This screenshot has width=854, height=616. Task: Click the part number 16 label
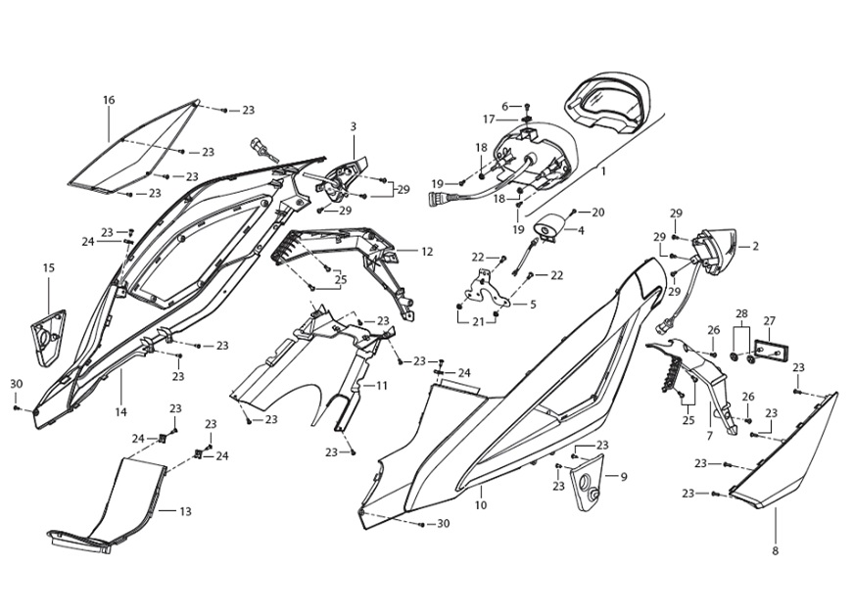point(109,100)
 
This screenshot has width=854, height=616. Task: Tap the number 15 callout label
point(49,267)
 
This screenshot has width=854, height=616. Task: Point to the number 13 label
point(185,511)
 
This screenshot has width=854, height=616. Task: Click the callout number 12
point(427,252)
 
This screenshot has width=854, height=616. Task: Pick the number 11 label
point(382,386)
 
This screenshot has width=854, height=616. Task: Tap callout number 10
point(480,505)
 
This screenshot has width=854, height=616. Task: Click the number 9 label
point(623,477)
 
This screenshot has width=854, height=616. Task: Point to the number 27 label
point(770,320)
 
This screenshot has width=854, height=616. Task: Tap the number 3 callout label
point(353,126)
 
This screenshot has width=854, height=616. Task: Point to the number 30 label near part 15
point(16,383)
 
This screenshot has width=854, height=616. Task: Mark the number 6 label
point(506,106)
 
